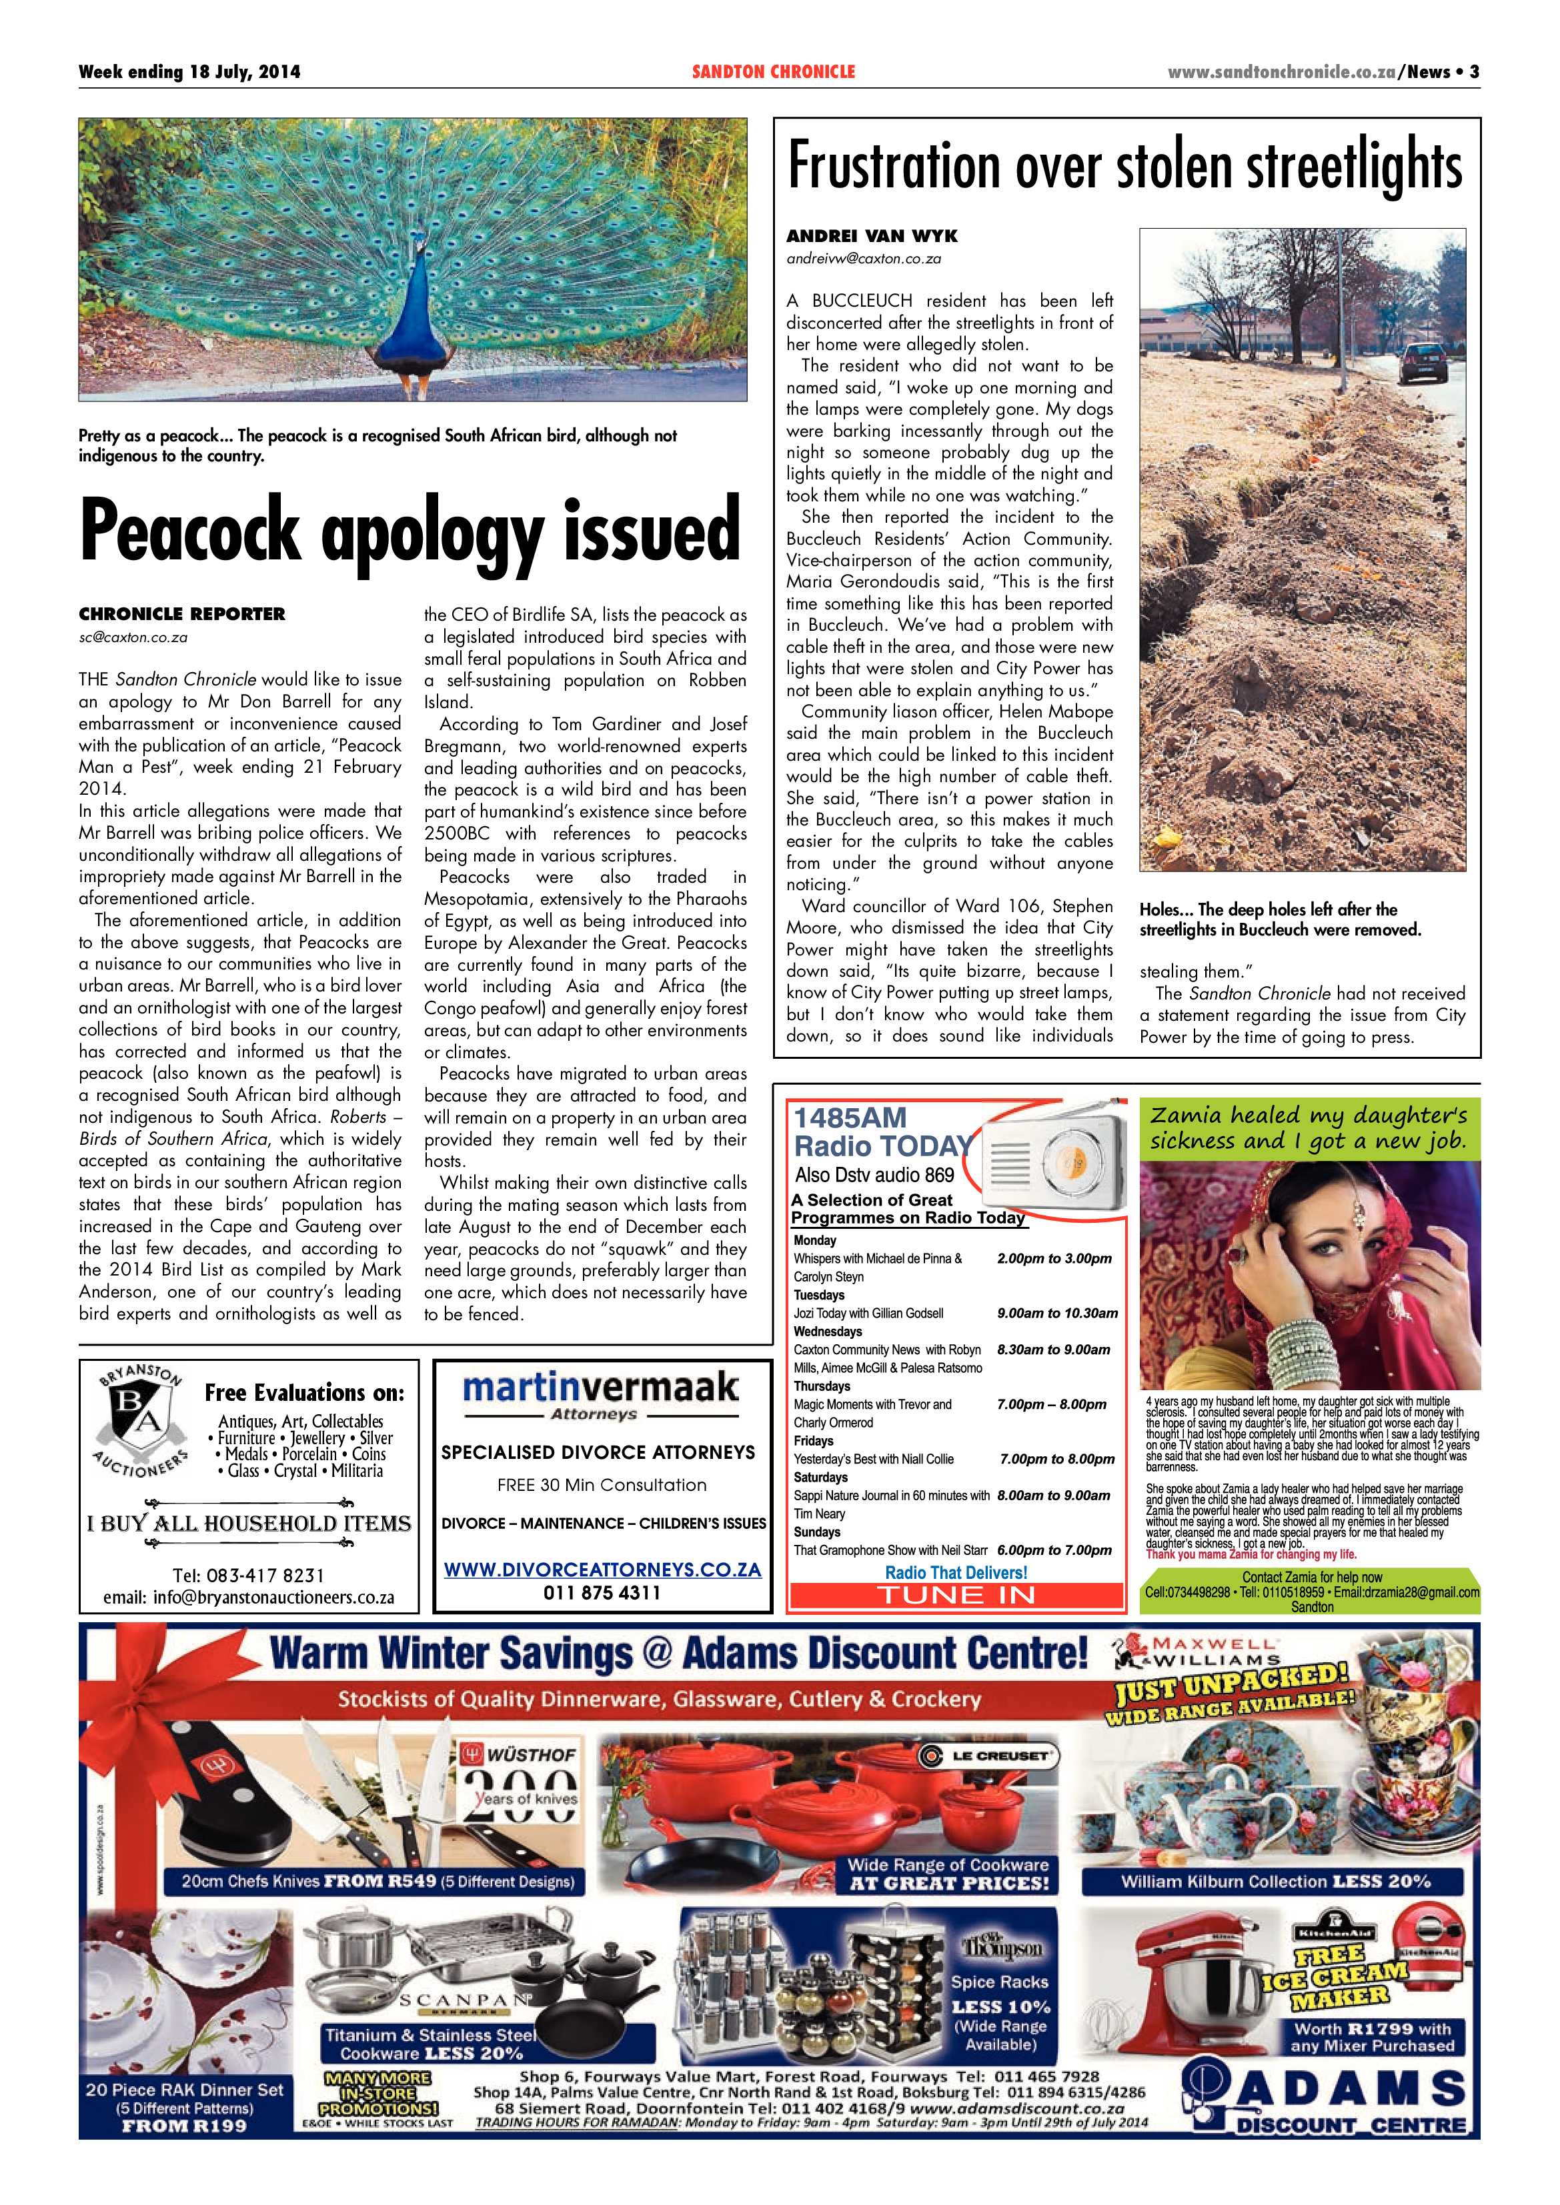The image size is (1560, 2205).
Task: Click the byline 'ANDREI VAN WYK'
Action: tap(871, 236)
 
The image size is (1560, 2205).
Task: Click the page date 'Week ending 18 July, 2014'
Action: tap(189, 72)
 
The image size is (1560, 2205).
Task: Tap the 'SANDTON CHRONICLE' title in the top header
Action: tap(772, 72)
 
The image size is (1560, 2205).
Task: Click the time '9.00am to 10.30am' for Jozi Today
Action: tap(1056, 1313)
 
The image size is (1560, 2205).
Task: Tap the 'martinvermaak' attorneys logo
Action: tap(600, 1390)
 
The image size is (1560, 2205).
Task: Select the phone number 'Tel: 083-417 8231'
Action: tap(248, 1576)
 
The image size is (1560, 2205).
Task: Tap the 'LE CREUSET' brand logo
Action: tap(988, 1756)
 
